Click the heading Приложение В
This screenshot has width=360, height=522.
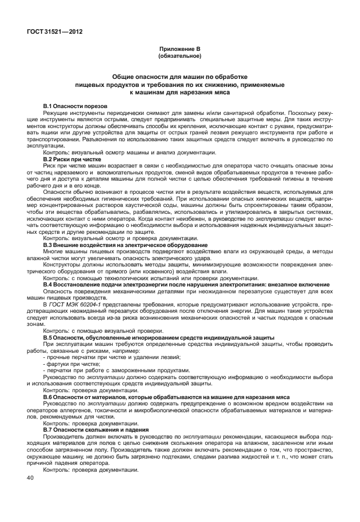click(179, 51)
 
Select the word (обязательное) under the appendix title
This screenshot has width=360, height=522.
click(179, 57)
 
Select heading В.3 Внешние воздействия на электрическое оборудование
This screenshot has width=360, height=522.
click(125, 245)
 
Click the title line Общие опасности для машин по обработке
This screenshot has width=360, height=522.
click(179, 76)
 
